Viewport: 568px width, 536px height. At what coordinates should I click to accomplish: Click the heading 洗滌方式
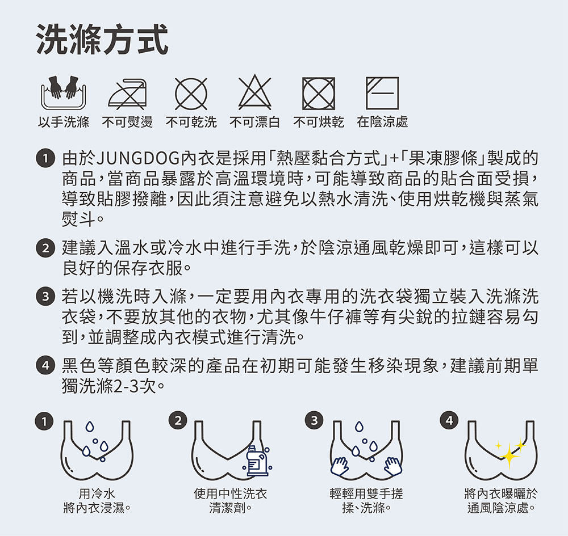click(x=102, y=40)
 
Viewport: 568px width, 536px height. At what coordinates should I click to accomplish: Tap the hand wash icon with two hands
click(x=64, y=92)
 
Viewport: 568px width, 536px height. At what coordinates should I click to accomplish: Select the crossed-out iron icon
click(x=127, y=94)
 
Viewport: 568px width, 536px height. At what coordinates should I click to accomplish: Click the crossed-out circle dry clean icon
click(x=191, y=94)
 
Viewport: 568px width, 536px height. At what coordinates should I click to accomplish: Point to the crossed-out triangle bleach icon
click(x=254, y=92)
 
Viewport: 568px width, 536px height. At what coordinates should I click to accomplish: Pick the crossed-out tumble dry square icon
click(x=319, y=94)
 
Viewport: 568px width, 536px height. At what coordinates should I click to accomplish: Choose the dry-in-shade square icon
click(x=382, y=94)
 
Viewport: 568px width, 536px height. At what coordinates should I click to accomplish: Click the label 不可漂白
click(x=254, y=123)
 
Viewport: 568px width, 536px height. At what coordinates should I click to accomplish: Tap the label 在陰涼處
click(x=382, y=123)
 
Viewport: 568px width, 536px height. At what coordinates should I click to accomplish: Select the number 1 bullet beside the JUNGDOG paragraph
click(x=45, y=158)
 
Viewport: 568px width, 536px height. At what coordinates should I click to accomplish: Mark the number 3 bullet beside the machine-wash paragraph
click(x=45, y=297)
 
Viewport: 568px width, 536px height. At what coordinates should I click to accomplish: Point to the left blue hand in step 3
click(x=340, y=466)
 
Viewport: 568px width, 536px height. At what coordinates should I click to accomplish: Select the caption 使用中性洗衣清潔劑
click(x=231, y=501)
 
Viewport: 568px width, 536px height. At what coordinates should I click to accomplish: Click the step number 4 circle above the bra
click(x=449, y=420)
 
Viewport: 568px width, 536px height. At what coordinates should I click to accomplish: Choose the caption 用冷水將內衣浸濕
click(x=97, y=501)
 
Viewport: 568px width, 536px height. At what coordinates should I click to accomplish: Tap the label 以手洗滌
click(x=64, y=123)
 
